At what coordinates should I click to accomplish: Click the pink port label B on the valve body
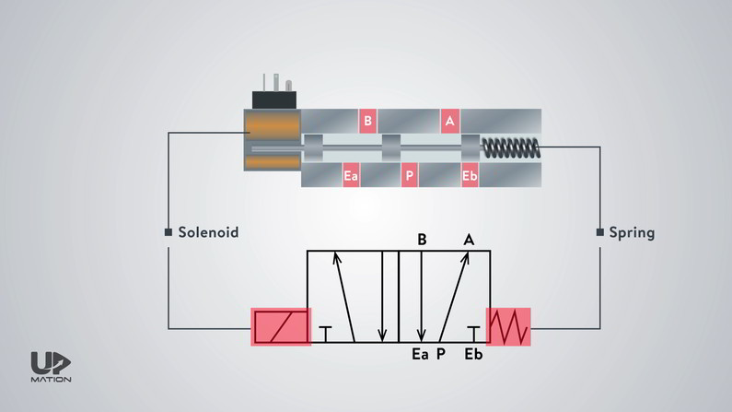367,121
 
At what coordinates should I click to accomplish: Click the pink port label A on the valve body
449,121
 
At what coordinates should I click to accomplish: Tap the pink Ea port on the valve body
351,176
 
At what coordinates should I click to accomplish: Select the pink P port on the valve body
410,176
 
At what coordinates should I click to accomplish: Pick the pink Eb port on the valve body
470,176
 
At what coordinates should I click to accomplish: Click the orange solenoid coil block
273,140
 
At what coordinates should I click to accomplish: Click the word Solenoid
208,232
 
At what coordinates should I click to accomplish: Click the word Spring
632,232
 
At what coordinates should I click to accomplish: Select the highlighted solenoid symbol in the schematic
282,326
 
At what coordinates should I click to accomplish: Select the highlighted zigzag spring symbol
509,326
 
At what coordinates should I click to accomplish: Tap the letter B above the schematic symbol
422,240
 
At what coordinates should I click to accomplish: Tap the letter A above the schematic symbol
469,240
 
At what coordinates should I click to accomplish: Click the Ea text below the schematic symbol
421,355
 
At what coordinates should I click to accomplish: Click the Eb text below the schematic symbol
473,355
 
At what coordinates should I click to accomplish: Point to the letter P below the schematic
441,355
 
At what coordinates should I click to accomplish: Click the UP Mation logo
51,368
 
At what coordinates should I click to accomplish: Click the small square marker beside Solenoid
168,232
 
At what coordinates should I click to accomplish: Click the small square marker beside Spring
600,232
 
